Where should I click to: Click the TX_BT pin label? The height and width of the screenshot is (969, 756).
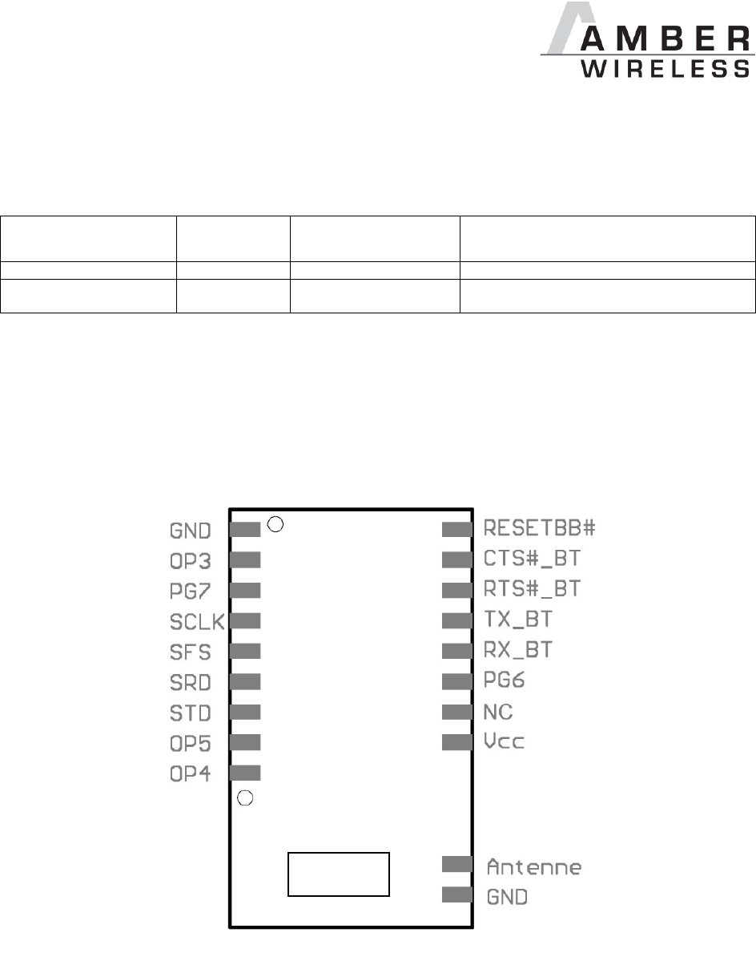click(519, 620)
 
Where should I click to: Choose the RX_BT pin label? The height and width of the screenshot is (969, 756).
click(519, 650)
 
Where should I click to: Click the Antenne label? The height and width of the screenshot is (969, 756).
click(534, 866)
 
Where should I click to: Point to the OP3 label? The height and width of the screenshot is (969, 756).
click(191, 559)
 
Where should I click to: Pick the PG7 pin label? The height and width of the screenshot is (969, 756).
click(191, 590)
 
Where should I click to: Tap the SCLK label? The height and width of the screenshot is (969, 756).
click(197, 621)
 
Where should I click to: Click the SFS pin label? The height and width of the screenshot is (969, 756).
click(191, 652)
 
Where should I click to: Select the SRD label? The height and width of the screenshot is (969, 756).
click(191, 682)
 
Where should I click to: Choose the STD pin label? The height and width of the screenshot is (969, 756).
click(191, 713)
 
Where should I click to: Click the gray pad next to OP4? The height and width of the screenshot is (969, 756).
click(245, 773)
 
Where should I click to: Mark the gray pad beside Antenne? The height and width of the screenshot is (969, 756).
click(457, 864)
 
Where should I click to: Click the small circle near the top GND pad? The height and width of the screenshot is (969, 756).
click(275, 526)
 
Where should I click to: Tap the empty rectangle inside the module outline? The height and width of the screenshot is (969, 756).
click(339, 874)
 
